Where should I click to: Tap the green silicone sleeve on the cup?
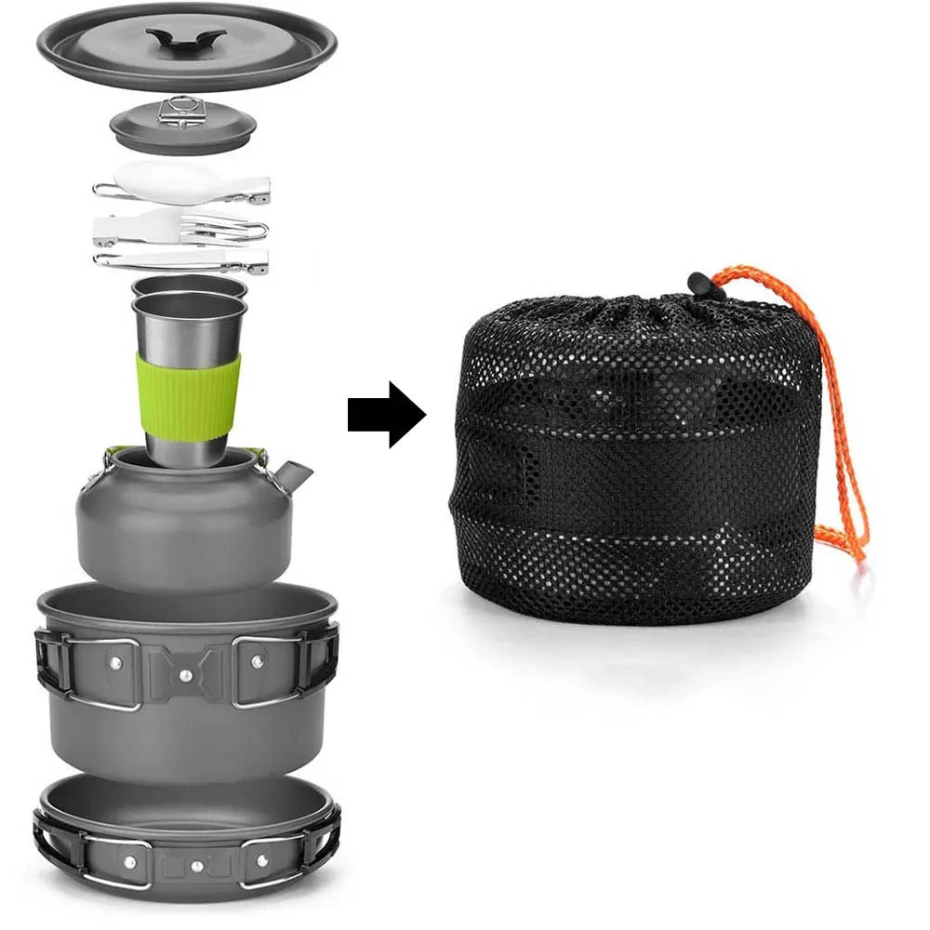pos(187,396)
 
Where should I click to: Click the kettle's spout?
pos(292,476)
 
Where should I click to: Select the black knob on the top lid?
pos(185,40)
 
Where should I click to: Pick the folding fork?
pos(181,225)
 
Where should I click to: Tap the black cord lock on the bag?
pos(706,285)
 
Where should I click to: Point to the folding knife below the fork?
pos(181,260)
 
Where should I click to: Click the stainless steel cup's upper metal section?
pos(189,325)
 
